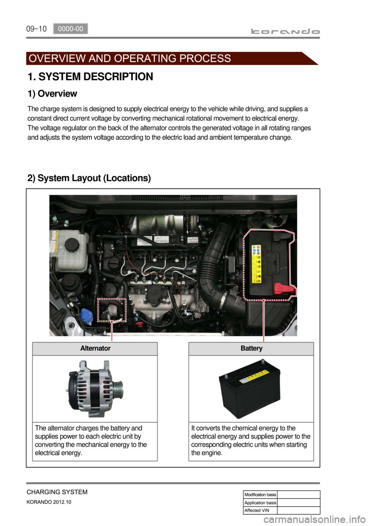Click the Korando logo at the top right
click(x=285, y=32)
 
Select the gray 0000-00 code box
click(x=71, y=29)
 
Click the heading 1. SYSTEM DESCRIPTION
click(x=90, y=77)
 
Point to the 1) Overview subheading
click(x=52, y=94)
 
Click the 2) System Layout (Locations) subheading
click(x=89, y=178)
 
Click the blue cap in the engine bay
click(x=86, y=317)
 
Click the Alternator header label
click(x=95, y=348)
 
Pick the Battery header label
click(x=251, y=348)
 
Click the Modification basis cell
click(x=260, y=495)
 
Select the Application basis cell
click(x=260, y=503)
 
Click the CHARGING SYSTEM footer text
click(x=57, y=492)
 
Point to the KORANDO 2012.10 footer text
click(x=49, y=502)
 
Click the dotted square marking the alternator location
click(x=112, y=310)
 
